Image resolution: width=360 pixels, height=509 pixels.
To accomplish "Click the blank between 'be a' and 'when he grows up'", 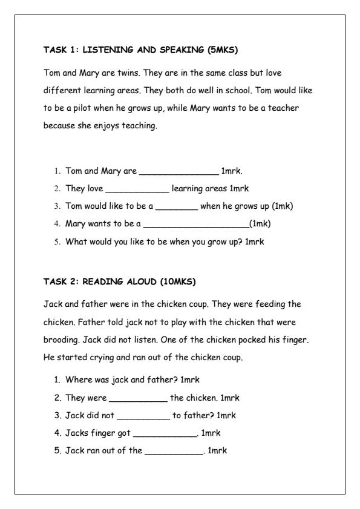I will tap(177, 206).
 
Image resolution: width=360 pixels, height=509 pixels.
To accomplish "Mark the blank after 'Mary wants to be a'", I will tap(195, 224).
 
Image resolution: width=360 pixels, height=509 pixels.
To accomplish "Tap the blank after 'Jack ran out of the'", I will tap(174, 451).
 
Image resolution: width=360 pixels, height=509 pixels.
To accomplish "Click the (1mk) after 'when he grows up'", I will tap(283, 206).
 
